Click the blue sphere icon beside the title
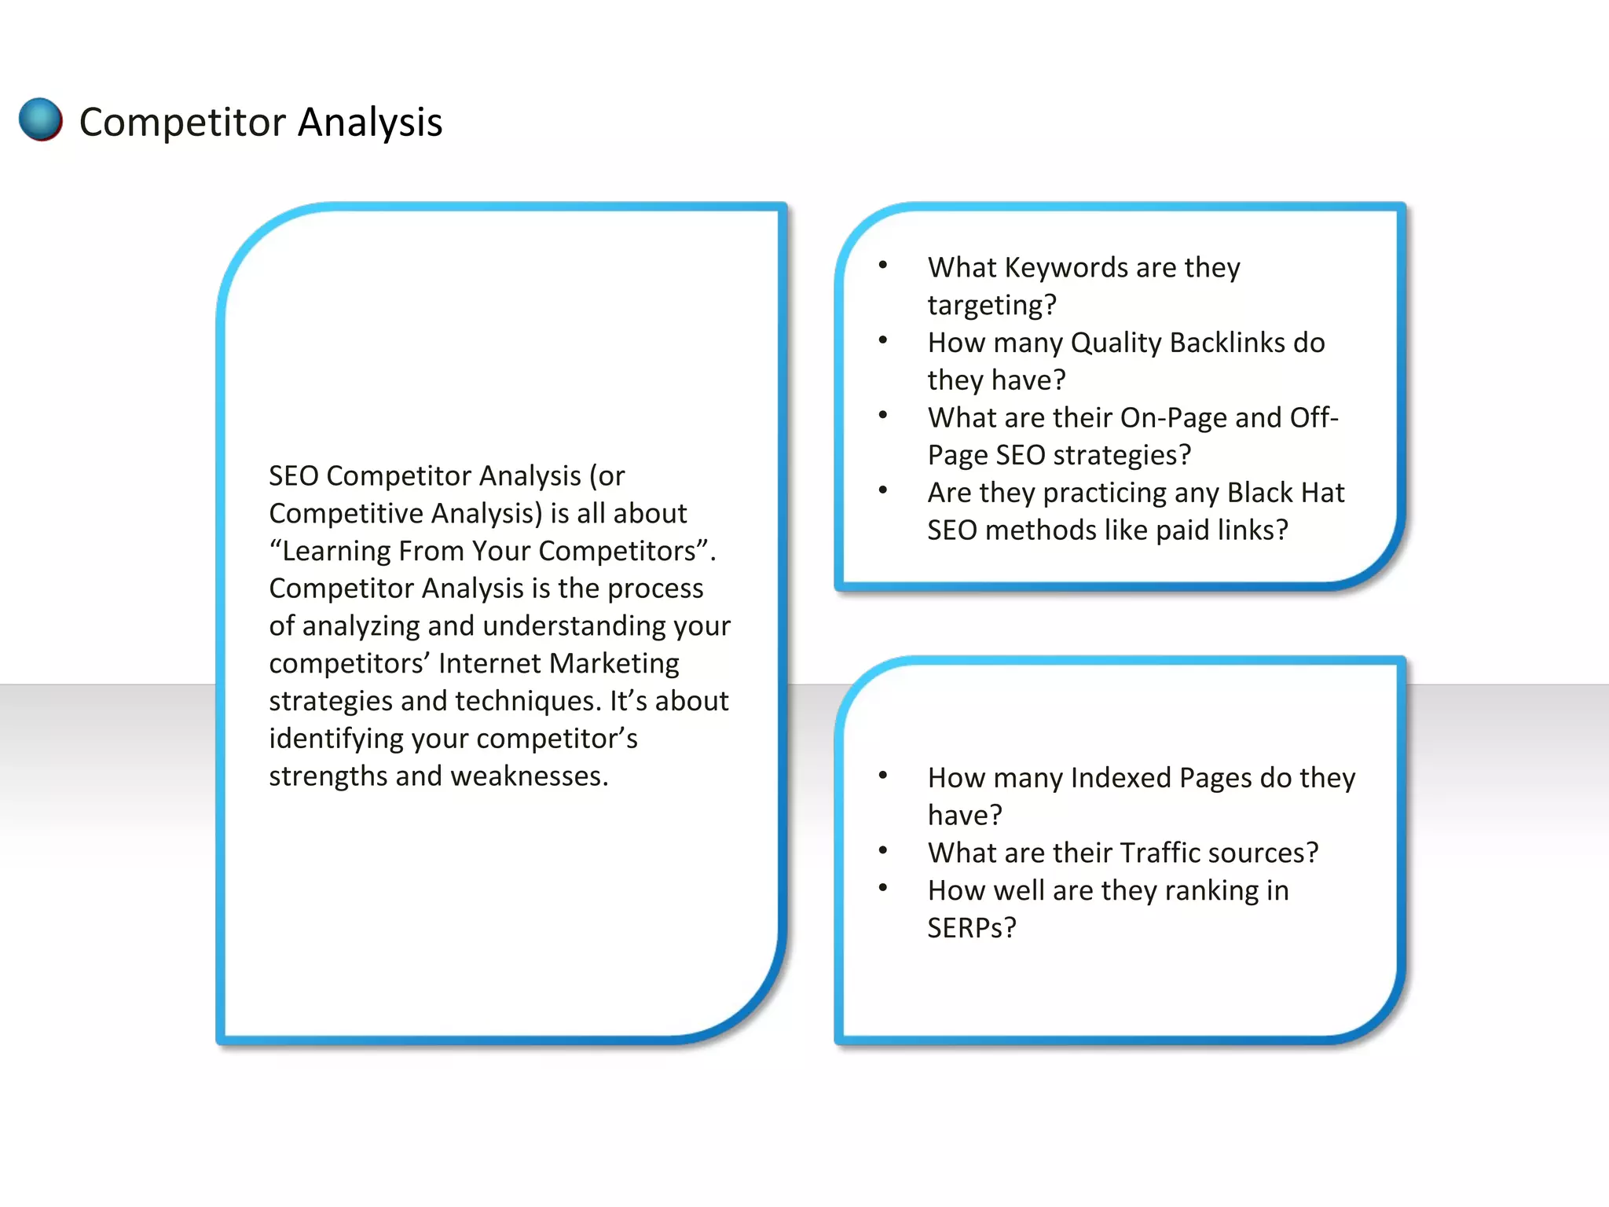coord(40,119)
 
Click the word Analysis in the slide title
coord(370,123)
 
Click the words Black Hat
coord(1285,493)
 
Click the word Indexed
coord(1120,778)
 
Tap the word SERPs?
coord(972,928)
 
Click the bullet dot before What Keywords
coord(883,266)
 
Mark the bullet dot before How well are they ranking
coord(883,889)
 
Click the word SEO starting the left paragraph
coord(293,476)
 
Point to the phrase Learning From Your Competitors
coord(489,552)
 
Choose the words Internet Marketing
coord(559,664)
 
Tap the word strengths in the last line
coord(328,776)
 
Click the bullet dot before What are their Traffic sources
coord(883,851)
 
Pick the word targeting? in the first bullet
coord(991,306)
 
